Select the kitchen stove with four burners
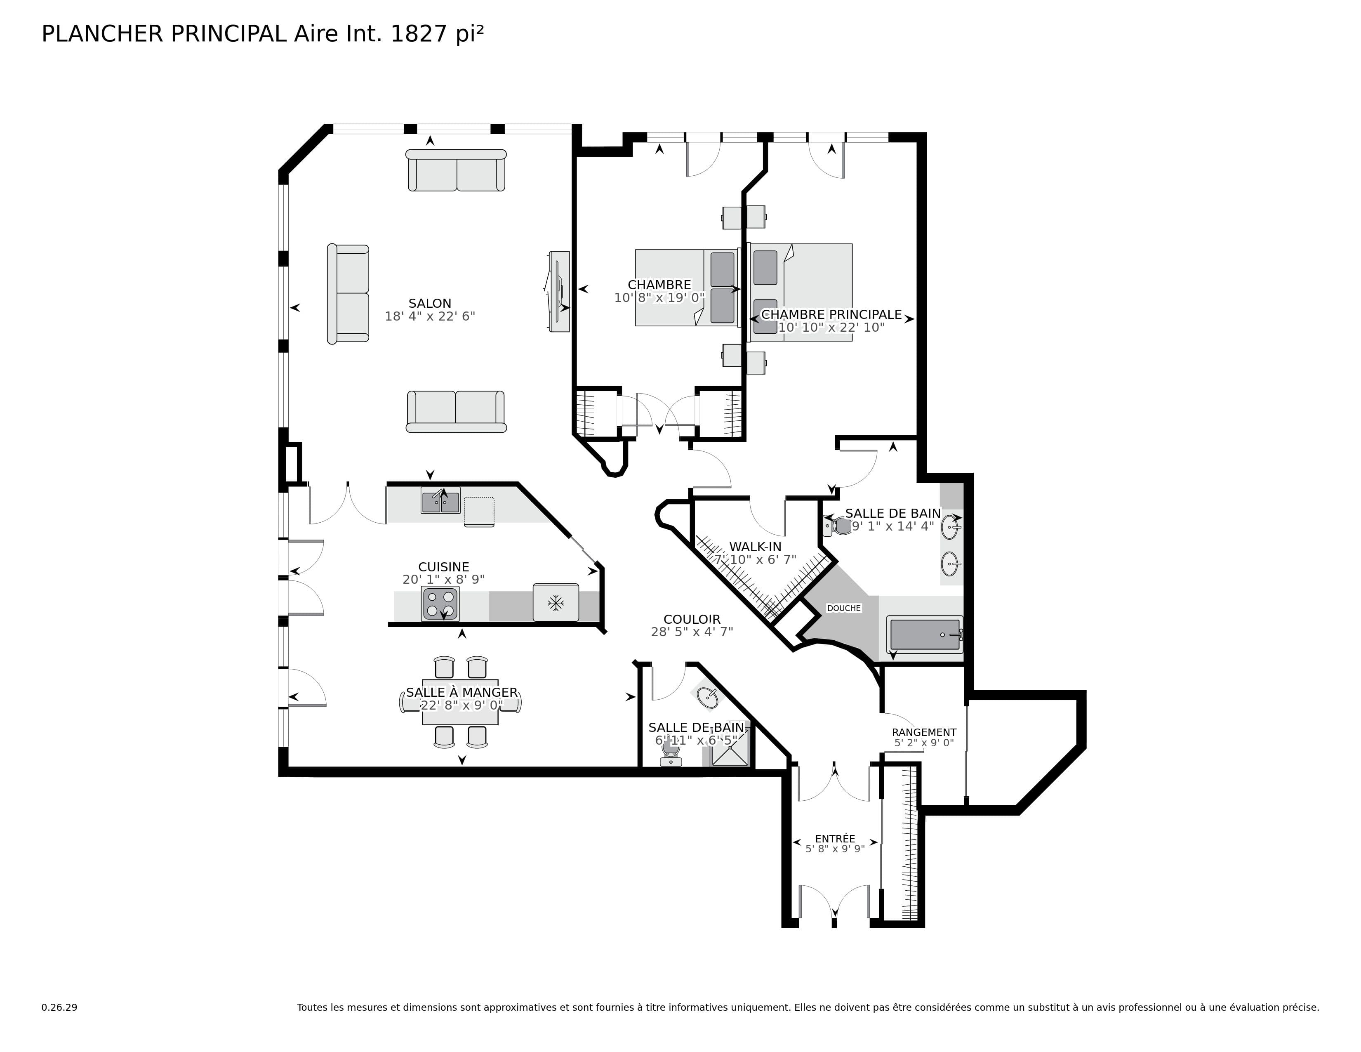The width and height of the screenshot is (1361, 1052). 440,603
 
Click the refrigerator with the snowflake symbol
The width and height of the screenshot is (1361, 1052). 555,603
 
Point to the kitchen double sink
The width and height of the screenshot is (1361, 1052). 440,502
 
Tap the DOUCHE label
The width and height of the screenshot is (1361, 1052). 843,608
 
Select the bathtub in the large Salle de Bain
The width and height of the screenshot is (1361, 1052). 924,635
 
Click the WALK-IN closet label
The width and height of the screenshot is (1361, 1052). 755,547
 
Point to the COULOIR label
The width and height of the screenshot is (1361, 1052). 691,620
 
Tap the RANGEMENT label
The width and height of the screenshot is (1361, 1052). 923,732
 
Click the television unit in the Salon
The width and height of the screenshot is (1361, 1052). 559,291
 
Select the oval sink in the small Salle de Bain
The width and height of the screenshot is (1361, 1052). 707,698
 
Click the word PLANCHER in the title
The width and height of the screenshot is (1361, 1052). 102,34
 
